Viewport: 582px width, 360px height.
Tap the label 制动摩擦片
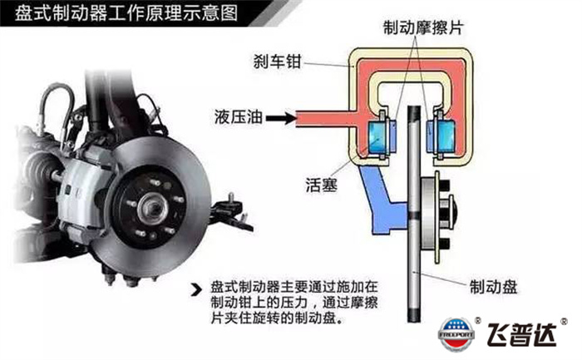pos(423,27)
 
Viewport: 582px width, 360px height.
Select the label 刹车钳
pos(277,62)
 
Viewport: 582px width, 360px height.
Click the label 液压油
pos(239,117)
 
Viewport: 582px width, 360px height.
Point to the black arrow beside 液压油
pos(281,118)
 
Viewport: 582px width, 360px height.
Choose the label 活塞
pos(322,185)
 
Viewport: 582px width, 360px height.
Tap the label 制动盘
pos(493,287)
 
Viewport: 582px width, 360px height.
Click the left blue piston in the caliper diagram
pos(377,137)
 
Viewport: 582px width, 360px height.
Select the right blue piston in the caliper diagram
pos(445,137)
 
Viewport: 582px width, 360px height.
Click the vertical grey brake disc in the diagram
pos(414,214)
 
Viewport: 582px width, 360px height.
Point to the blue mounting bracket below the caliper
pos(382,200)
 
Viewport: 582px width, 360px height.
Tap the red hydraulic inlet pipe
pos(323,119)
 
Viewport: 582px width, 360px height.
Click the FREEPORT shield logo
pos(456,334)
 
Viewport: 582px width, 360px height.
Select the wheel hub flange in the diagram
pos(437,217)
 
